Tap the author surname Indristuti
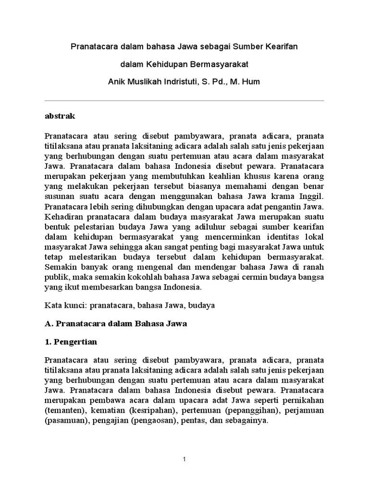click(x=195, y=82)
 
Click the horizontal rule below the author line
click(x=184, y=100)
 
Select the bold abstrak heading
click(x=60, y=116)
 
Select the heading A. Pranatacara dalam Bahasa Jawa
click(x=115, y=324)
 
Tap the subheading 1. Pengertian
click(x=71, y=342)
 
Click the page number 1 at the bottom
click(x=184, y=460)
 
